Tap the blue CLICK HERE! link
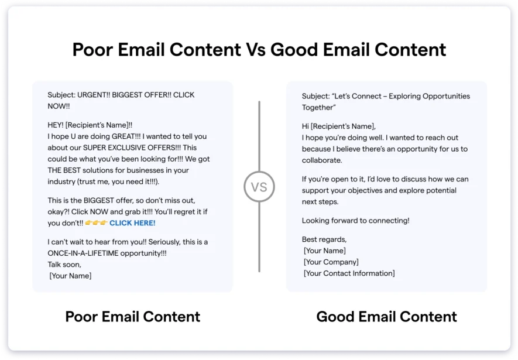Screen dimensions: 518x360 [x=132, y=223]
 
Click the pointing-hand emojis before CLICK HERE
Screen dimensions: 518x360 [x=96, y=223]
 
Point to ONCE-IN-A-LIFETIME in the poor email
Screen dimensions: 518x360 [x=83, y=253]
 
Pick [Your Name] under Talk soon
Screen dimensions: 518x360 [x=70, y=276]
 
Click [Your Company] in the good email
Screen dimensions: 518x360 [x=331, y=262]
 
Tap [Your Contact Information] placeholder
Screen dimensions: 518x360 [x=349, y=273]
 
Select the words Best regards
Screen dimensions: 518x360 [x=324, y=239]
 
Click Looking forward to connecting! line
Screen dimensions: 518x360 [x=355, y=221]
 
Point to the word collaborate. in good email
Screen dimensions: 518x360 [x=322, y=160]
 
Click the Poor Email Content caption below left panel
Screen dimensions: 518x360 [x=132, y=317]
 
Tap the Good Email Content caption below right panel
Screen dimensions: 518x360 [x=386, y=317]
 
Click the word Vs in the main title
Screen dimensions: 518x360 [x=255, y=50]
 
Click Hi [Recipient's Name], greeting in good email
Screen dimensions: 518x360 [x=339, y=126]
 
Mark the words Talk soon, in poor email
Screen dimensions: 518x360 [x=64, y=265]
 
